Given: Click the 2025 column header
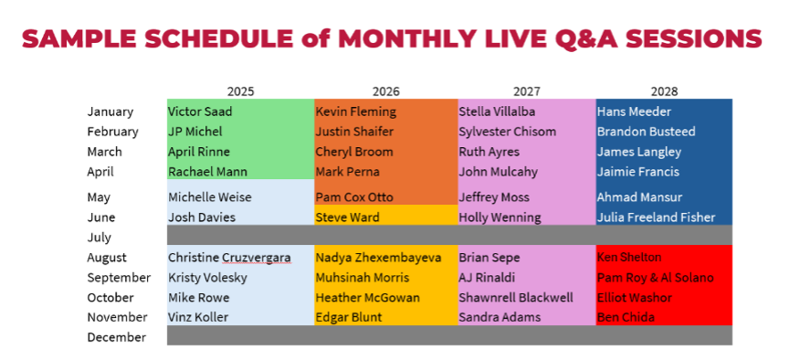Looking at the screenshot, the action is coord(240,91).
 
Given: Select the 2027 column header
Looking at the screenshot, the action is coord(527,91).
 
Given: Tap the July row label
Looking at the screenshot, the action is coord(99,238).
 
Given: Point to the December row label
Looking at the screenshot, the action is coord(116,337).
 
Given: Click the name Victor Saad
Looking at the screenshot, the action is coord(198,111).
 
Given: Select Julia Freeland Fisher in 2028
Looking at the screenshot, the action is coord(656,217).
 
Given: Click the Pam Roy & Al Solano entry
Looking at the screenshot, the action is coord(655,278).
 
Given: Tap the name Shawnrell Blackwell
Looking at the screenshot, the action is coord(516,298).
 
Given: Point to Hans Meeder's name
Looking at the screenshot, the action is coord(634,111).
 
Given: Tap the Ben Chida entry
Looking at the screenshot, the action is coord(626,318).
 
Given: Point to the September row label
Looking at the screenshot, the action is coord(119,278).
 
